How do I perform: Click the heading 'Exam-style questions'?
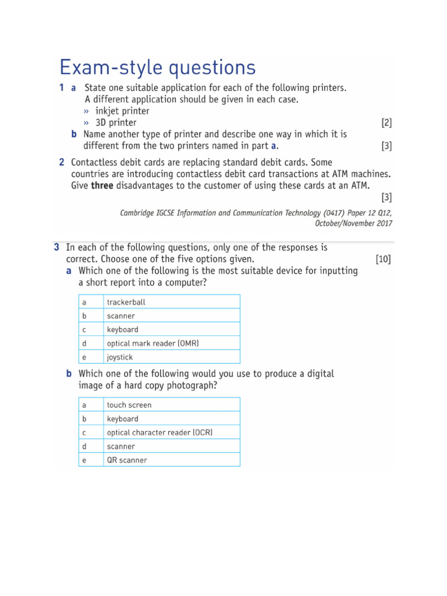tap(158, 68)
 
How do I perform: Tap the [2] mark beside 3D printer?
tap(386, 123)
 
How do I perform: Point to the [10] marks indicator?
tap(384, 259)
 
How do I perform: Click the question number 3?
tap(56, 247)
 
